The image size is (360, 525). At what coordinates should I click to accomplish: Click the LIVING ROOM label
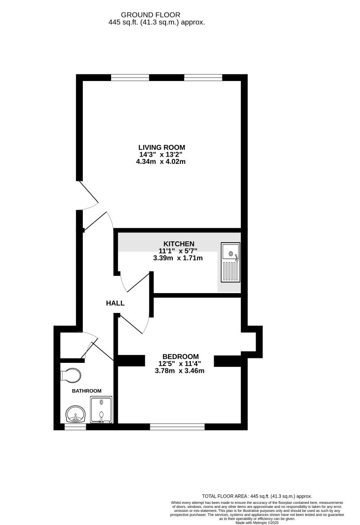coord(162,147)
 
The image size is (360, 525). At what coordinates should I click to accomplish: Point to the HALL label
coord(115,303)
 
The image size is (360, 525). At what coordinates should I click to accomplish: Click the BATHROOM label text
coord(87,391)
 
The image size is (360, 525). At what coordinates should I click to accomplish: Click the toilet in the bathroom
coord(70,375)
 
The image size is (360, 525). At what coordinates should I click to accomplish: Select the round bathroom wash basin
coord(75,413)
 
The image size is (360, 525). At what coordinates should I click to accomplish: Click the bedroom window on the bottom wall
coord(177,426)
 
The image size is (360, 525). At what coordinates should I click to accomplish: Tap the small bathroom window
coord(75,426)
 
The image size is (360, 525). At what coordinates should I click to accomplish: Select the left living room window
coord(130,77)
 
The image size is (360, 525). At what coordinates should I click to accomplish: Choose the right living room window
coord(203,77)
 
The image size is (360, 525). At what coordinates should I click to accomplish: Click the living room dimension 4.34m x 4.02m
coord(161,161)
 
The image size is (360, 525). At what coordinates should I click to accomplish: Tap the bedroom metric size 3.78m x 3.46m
coord(180,371)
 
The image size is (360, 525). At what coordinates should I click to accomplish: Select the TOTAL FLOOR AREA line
coord(257,496)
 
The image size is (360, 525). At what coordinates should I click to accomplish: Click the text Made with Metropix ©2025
coord(257,522)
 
